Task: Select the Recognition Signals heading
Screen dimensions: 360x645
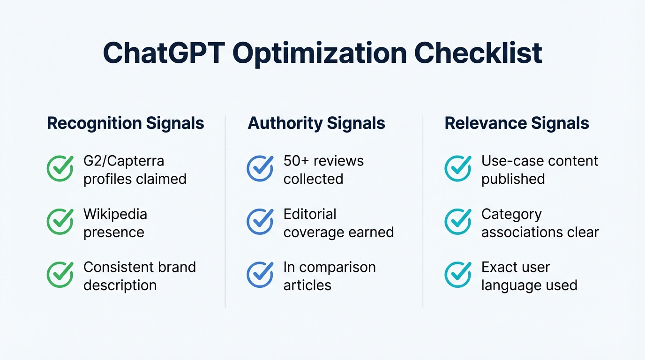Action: pos(126,123)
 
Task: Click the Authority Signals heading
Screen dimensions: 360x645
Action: pos(316,123)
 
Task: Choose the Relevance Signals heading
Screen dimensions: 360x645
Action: pos(517,123)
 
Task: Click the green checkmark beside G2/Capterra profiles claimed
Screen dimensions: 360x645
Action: pos(60,169)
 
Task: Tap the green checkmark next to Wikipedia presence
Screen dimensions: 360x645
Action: pos(60,222)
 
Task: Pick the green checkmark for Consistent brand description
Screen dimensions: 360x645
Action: pos(60,275)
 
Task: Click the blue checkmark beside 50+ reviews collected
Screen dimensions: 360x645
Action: pos(260,169)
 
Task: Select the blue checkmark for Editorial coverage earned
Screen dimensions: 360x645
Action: pos(260,222)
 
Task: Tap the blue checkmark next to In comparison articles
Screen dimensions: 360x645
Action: pos(260,275)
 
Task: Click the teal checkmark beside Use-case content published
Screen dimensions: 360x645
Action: pos(457,169)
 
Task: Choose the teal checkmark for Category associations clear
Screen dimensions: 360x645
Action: pos(457,222)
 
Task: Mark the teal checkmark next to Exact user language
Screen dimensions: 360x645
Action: pos(457,275)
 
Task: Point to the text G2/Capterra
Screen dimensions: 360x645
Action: pos(124,161)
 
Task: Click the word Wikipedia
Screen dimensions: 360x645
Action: pos(115,214)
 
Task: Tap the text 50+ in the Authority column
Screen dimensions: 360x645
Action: pos(296,161)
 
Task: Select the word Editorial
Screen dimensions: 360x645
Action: pos(310,214)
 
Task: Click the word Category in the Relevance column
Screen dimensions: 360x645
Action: pos(511,215)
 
